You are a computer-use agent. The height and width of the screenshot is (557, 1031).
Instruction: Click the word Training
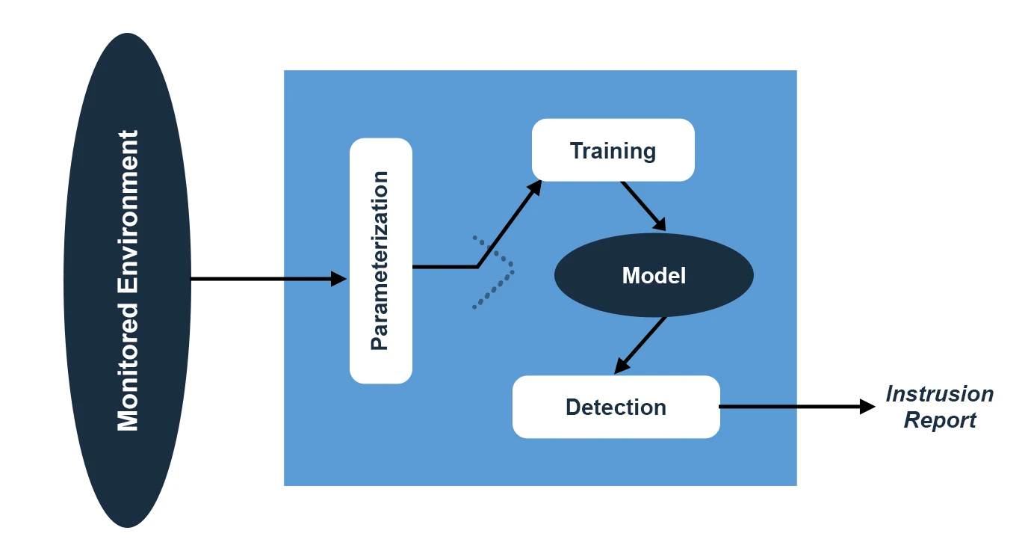tap(613, 151)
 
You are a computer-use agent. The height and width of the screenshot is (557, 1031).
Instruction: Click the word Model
tap(654, 276)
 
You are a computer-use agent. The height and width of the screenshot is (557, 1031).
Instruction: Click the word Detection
tap(616, 407)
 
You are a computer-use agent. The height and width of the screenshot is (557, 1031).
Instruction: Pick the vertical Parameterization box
tap(381, 351)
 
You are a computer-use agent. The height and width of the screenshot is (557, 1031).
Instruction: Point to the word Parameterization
tap(380, 260)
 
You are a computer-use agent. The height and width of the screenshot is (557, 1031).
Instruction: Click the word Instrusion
tap(939, 394)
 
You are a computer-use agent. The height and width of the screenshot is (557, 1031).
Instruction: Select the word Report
tap(939, 420)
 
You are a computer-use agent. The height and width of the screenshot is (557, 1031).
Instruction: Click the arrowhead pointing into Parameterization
tap(340, 279)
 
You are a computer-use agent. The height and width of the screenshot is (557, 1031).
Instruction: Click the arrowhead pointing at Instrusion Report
tap(867, 407)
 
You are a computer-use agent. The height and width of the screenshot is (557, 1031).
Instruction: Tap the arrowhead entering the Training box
tap(535, 186)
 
